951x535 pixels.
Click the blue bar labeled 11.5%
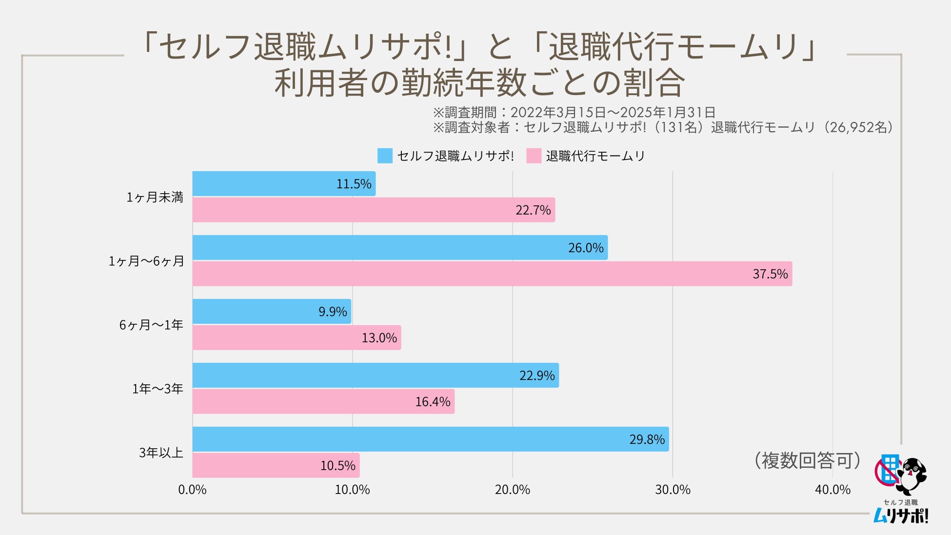[284, 184]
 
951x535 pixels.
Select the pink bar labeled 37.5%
[492, 274]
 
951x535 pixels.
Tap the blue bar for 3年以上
[431, 439]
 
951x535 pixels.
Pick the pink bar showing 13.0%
[297, 337]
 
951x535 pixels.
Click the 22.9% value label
[537, 376]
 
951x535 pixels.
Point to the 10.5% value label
[337, 465]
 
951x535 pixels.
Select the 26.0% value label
[586, 248]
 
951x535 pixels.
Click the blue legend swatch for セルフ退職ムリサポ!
[385, 156]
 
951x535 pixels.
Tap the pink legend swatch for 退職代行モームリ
[534, 156]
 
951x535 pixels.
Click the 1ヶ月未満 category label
[155, 197]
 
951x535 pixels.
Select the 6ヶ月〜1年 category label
[151, 325]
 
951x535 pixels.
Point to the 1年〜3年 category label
[158, 389]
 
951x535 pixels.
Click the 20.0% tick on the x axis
[512, 490]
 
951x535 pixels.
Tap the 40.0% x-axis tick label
[832, 490]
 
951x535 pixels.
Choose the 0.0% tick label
[192, 490]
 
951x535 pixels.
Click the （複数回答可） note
[808, 460]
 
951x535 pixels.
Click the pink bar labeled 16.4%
[323, 401]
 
